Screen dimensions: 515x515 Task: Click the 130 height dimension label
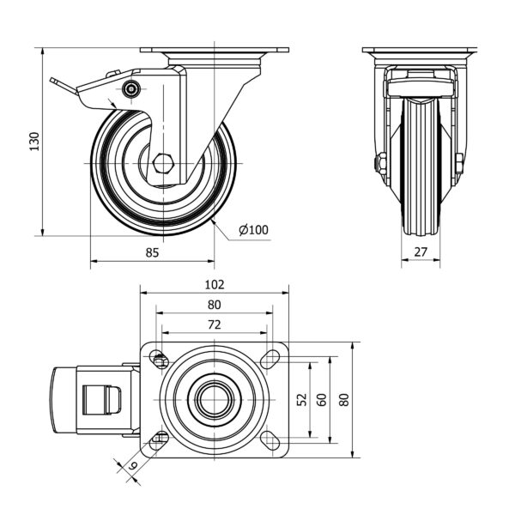click(34, 142)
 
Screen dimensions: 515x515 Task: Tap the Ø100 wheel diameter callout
click(253, 230)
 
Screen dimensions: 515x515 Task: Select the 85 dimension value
click(152, 252)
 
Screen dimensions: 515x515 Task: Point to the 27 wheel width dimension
click(421, 251)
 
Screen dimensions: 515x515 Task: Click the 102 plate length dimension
click(215, 284)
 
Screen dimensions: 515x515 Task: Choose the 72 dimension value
click(215, 324)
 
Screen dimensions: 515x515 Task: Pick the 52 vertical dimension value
click(302, 399)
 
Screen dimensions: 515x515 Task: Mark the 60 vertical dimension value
click(322, 399)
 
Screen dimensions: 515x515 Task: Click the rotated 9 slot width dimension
click(132, 465)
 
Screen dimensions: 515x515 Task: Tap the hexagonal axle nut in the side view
click(162, 163)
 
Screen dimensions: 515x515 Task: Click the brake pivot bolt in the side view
click(131, 88)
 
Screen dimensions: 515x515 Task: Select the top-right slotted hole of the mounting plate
click(270, 359)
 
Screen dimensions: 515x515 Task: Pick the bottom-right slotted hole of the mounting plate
click(270, 440)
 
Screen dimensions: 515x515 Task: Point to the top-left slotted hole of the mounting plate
click(159, 359)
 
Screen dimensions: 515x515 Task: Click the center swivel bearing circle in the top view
click(215, 400)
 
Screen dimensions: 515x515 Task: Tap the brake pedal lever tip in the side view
click(52, 80)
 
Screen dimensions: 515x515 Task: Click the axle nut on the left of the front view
click(381, 163)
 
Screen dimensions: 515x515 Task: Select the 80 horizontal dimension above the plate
click(215, 305)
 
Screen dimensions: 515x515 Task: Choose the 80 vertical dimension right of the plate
click(344, 399)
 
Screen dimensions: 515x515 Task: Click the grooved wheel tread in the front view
click(421, 167)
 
